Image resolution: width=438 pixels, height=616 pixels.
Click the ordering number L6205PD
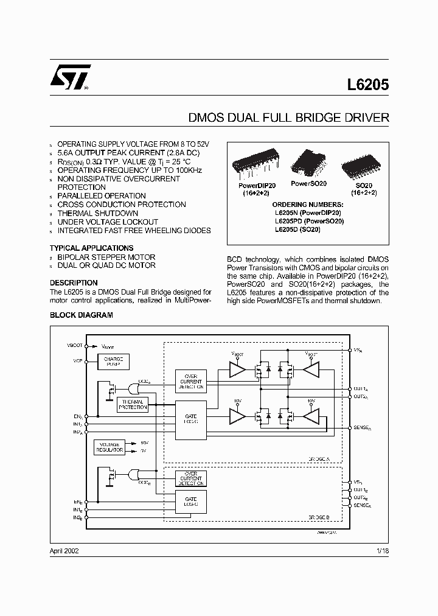[309, 221]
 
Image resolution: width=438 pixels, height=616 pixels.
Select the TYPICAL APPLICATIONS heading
[91, 248]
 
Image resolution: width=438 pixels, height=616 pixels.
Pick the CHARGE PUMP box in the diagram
[113, 362]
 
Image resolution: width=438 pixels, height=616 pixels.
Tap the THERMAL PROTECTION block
[133, 404]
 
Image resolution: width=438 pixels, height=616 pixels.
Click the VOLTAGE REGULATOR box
[109, 447]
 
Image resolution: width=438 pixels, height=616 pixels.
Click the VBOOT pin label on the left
[75, 345]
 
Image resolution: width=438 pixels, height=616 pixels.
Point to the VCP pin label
[78, 360]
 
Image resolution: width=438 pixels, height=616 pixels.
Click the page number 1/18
[382, 550]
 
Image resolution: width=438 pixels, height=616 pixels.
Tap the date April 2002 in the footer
[64, 550]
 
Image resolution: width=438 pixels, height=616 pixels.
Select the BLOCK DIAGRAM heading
[81, 315]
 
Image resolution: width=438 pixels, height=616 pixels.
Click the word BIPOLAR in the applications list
[74, 257]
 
